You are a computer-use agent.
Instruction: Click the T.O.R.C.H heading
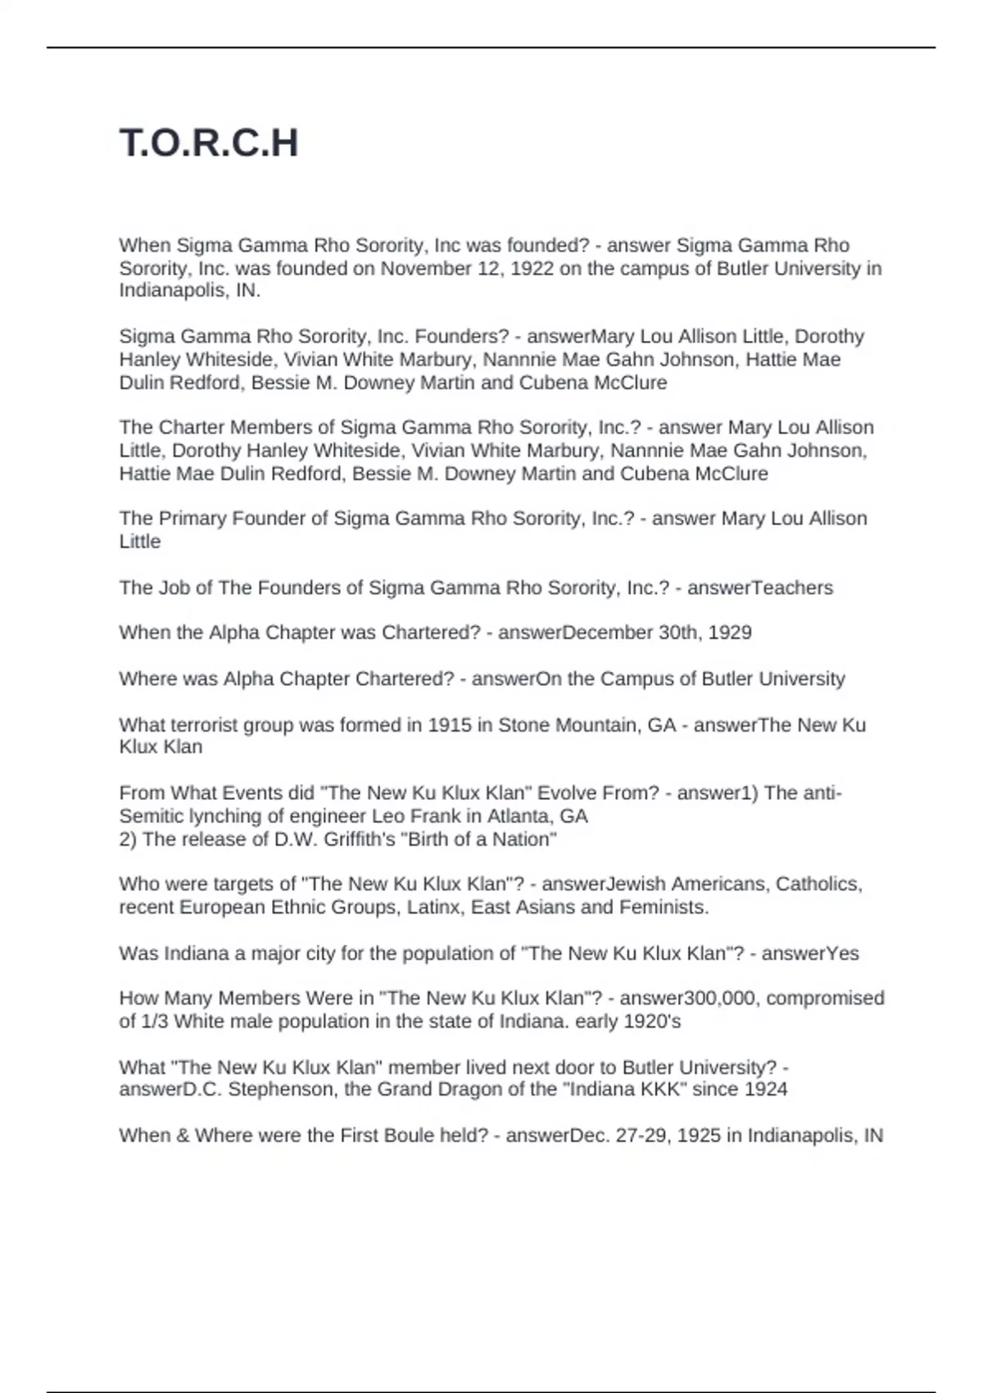pyautogui.click(x=209, y=143)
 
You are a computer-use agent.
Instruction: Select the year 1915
pyautogui.click(x=449, y=725)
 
